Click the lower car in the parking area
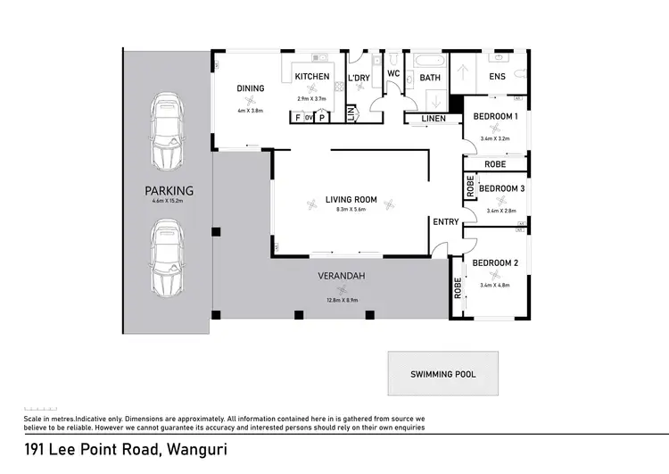click(x=167, y=259)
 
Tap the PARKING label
click(x=169, y=190)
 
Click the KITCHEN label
click(x=312, y=77)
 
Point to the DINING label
click(x=250, y=88)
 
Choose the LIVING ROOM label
click(x=351, y=199)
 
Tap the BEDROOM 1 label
click(x=495, y=117)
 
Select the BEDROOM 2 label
click(x=495, y=262)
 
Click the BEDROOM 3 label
click(x=501, y=188)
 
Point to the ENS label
click(x=497, y=77)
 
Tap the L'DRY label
click(x=359, y=79)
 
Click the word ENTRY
click(x=444, y=221)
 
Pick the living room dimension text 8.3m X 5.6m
click(x=351, y=210)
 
